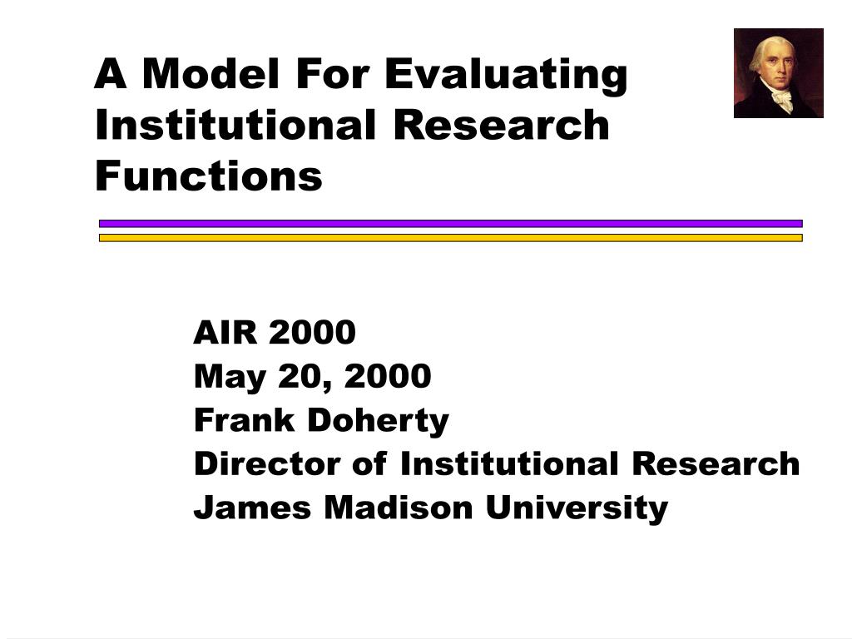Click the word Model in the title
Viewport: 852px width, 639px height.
tap(211, 73)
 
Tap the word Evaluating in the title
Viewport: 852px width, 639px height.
tap(506, 77)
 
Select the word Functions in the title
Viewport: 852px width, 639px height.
tap(209, 176)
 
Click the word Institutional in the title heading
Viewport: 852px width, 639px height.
tap(235, 125)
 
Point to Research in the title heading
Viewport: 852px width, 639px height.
tap(501, 125)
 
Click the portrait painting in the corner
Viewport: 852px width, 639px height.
tap(779, 73)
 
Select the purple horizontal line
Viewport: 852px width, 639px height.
tap(450, 223)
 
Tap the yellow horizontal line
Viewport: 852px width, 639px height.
tap(450, 238)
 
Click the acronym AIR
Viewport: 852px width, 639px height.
tap(225, 332)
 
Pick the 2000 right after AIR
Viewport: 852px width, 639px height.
tap(313, 332)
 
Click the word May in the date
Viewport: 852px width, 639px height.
tap(230, 377)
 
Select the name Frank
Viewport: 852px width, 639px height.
tap(244, 419)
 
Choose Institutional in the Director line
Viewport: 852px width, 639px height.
tap(509, 463)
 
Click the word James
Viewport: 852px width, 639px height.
tap(253, 508)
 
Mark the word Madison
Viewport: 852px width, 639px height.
tap(399, 508)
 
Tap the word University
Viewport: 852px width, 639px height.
tap(577, 508)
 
